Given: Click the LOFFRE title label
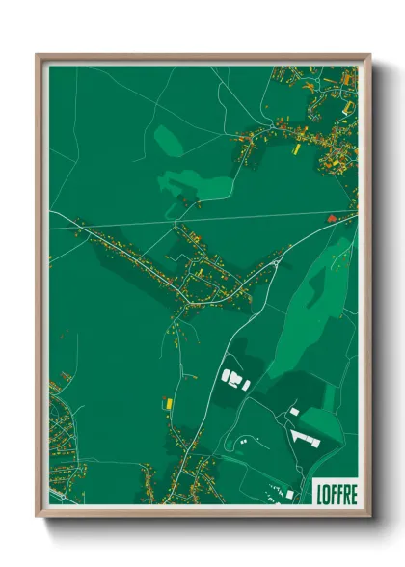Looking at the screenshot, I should [x=336, y=494].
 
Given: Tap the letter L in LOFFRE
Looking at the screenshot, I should [x=319, y=494].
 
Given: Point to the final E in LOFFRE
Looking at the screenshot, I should [x=353, y=494].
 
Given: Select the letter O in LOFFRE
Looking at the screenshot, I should [x=326, y=494].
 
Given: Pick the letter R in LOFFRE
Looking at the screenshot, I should [x=346, y=494].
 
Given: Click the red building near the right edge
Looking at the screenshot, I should [x=333, y=219].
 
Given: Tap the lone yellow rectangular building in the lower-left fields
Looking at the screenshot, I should [x=168, y=402].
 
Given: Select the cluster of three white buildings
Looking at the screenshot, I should [x=234, y=378].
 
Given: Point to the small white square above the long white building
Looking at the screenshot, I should [x=294, y=412].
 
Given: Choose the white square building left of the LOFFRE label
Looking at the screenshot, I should [x=289, y=494].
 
